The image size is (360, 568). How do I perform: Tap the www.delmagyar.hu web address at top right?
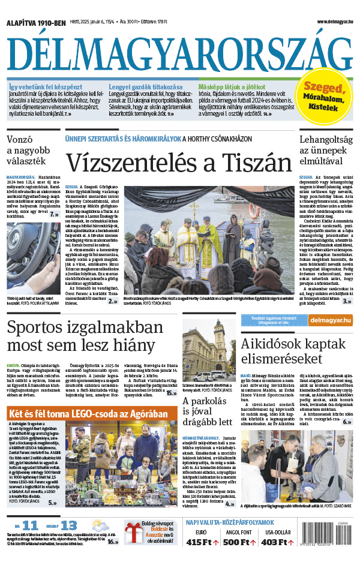coord(329,22)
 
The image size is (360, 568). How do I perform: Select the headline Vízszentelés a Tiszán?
coord(173,164)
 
